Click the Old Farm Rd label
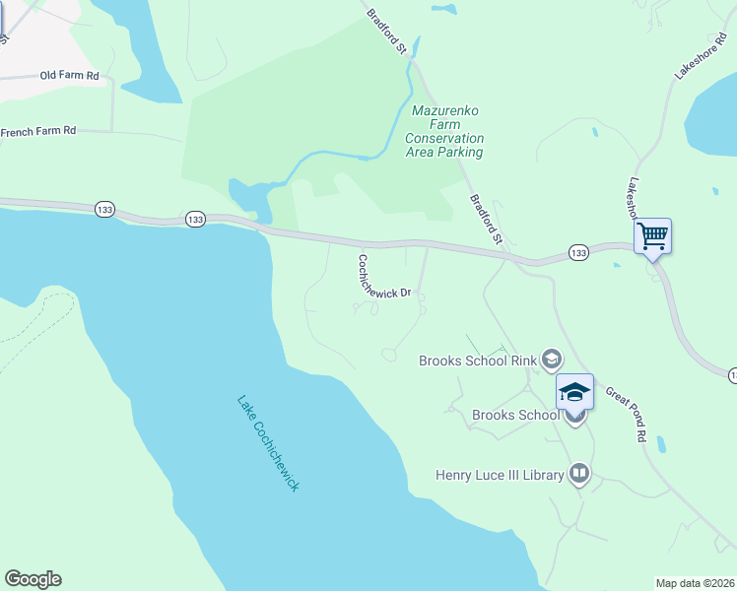point(70,75)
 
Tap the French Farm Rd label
point(38,131)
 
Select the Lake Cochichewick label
point(267,443)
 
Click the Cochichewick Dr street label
point(384,278)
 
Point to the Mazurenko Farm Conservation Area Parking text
point(444,132)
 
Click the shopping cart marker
point(652,236)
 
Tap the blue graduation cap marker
point(575,392)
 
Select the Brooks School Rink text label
point(478,361)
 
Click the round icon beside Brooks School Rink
point(550,361)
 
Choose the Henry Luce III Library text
point(500,476)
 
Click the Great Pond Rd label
point(626,413)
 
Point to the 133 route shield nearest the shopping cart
point(578,254)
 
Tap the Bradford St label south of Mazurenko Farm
point(486,219)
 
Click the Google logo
point(33,579)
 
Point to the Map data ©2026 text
point(695,582)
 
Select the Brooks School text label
point(514,415)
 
